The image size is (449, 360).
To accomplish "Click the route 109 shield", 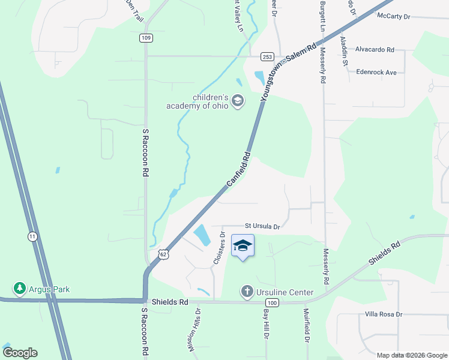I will pos(146,38).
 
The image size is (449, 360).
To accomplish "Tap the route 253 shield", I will pos(268,56).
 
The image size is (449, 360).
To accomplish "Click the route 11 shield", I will pos(32,237).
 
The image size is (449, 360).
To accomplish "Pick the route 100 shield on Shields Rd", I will pos(272,302).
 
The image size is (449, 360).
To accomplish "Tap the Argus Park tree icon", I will pos(20,289).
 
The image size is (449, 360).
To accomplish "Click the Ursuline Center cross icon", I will pos(246,292).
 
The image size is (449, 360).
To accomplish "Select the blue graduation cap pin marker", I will pos(243,246).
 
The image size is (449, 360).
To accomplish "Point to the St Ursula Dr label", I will pos(262,226).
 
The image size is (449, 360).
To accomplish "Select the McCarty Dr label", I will pos(393,16).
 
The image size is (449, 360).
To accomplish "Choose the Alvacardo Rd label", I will pos(375,50).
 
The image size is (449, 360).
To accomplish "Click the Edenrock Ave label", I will pos(376,72).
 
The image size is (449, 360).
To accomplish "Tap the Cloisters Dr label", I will pos(218,248).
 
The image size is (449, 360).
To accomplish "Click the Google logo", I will pos(20,353).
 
